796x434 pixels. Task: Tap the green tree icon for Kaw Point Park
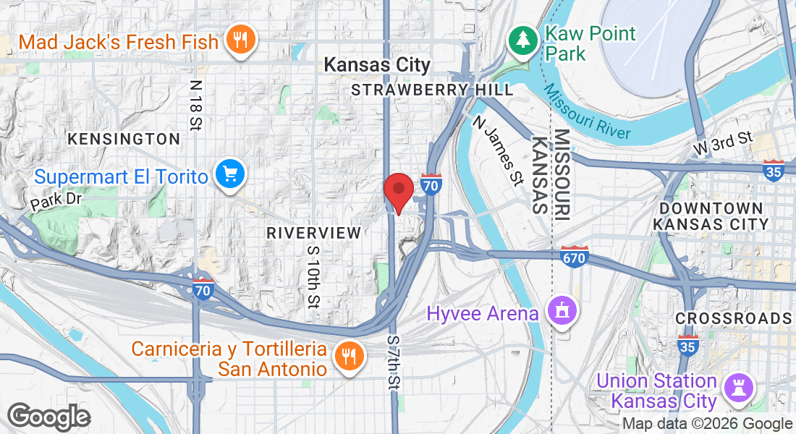coord(522,40)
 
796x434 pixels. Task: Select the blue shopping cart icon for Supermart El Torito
coord(231,174)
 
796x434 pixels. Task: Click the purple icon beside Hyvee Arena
coord(561,312)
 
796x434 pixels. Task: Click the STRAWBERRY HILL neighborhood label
coord(432,90)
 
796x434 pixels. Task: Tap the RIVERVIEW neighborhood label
coord(313,233)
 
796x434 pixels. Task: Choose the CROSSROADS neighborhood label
coord(733,318)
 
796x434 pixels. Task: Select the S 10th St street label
coord(313,274)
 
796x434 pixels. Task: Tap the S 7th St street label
coord(393,362)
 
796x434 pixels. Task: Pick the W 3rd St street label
coord(723,142)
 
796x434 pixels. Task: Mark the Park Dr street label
coord(56,201)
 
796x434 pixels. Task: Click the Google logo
coord(48,417)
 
